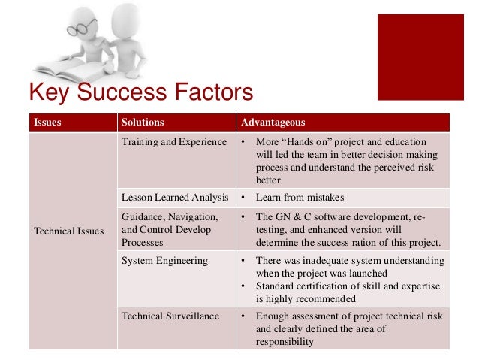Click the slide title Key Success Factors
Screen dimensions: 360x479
(140, 94)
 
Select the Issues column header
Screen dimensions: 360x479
(47, 123)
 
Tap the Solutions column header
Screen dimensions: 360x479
(142, 123)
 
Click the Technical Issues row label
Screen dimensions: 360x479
(68, 231)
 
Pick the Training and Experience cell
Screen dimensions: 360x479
(173, 142)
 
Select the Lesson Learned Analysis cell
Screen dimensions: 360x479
(175, 198)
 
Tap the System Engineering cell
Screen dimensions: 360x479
(163, 261)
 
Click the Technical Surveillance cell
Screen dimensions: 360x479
(170, 316)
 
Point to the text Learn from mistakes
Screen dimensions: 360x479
(300, 198)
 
